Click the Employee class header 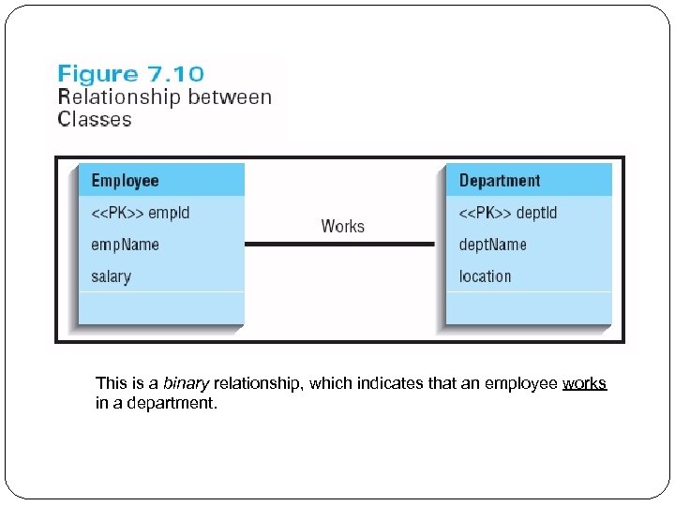pos(125,181)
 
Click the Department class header pos(500,181)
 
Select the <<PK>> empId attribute pos(140,213)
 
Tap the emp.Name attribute pos(125,245)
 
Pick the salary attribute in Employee pos(111,276)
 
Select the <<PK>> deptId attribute pos(507,213)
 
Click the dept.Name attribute pos(492,245)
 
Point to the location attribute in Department pos(485,276)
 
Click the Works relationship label pos(342,226)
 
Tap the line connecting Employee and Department pos(339,245)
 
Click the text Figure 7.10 pos(131,74)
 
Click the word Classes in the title pos(95,119)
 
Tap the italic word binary pos(186,383)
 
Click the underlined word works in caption pos(584,383)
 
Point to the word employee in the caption pos(521,383)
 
